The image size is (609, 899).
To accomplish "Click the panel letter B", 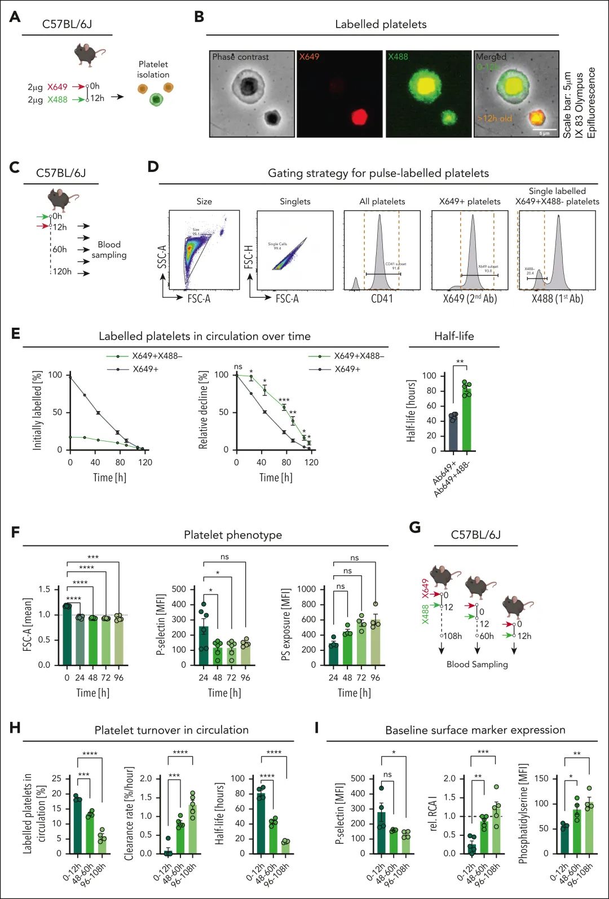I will (x=198, y=17).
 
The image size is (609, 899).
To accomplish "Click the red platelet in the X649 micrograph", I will (x=359, y=117).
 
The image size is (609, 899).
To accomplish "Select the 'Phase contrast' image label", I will (x=240, y=57).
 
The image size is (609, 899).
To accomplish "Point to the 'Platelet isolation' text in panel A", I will (x=153, y=69).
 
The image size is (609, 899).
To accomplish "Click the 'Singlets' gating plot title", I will (x=295, y=201).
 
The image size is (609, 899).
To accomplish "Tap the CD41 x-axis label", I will (x=382, y=298).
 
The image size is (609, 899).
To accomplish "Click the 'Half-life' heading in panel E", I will (x=454, y=336).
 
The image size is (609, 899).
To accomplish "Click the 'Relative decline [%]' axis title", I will (x=204, y=410).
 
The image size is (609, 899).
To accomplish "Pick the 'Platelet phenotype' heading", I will (x=233, y=535).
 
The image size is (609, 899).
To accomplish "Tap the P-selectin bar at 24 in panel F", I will (x=204, y=646).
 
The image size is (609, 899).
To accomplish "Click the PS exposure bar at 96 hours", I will (x=376, y=642).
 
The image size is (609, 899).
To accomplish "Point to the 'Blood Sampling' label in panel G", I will (x=477, y=664).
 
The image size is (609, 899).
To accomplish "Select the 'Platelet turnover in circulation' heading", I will (x=171, y=730).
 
